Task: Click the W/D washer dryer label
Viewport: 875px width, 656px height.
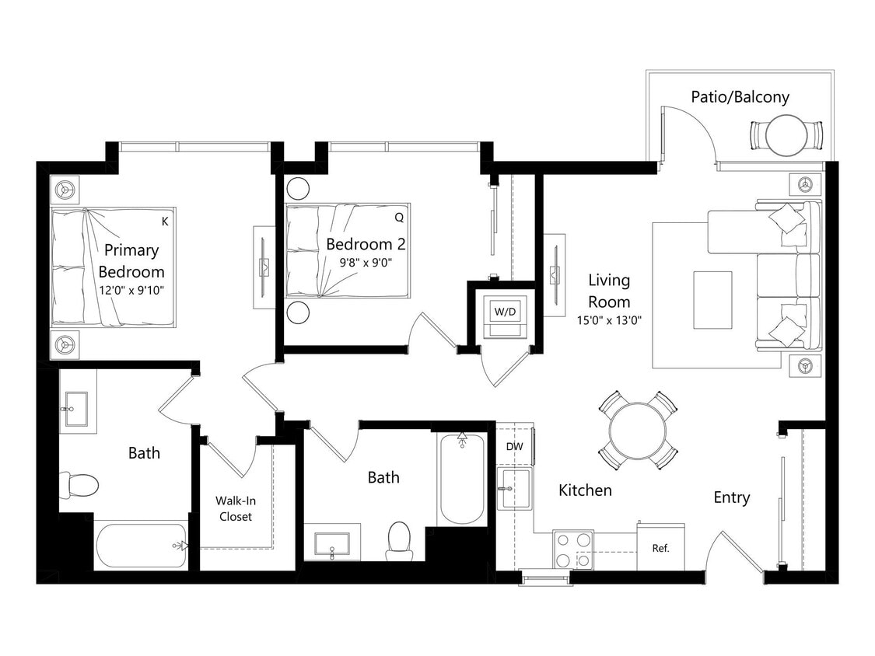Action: tap(505, 311)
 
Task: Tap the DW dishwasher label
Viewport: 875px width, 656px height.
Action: tap(514, 447)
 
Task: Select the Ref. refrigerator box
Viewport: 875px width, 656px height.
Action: tap(660, 548)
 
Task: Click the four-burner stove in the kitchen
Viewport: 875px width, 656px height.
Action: tap(573, 550)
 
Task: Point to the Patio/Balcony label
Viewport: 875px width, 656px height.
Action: tap(740, 97)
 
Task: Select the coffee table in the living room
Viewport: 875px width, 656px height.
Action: tap(712, 290)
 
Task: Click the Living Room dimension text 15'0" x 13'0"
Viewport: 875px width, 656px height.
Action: tap(609, 319)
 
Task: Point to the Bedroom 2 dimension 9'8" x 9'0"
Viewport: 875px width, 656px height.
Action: tap(366, 263)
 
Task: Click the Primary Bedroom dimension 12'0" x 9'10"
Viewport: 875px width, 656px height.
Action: tap(131, 290)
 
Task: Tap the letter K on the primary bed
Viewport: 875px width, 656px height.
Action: tap(165, 221)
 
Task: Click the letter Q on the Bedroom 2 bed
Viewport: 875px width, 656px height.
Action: tap(399, 217)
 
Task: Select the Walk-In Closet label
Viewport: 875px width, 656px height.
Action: tap(235, 508)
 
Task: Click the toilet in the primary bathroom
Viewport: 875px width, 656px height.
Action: tap(82, 485)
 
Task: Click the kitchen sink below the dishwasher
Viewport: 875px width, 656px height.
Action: tap(515, 489)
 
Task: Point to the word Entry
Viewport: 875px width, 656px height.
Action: tap(731, 497)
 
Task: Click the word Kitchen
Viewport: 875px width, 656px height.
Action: tap(585, 490)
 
